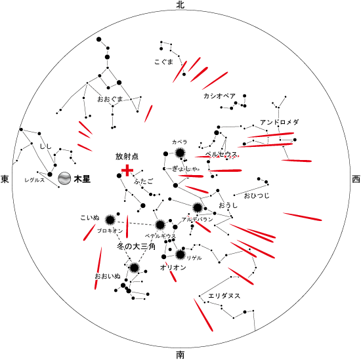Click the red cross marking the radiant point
pyautogui.click(x=127, y=170)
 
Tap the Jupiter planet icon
pyautogui.click(x=64, y=178)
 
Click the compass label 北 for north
pyautogui.click(x=180, y=5)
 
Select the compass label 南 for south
pyautogui.click(x=180, y=355)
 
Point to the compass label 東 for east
pyautogui.click(x=5, y=179)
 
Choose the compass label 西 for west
pyautogui.click(x=356, y=179)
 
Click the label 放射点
pyautogui.click(x=127, y=157)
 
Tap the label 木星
pyautogui.click(x=82, y=179)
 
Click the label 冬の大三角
pyautogui.click(x=136, y=247)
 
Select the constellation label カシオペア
pyautogui.click(x=219, y=96)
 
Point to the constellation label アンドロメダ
pyautogui.click(x=279, y=122)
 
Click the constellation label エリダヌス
pyautogui.click(x=224, y=296)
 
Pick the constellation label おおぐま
pyautogui.click(x=110, y=99)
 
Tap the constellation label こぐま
pyautogui.click(x=163, y=62)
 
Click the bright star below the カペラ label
pyautogui.click(x=180, y=153)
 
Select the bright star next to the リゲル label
pyautogui.click(x=180, y=254)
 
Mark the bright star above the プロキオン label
pyautogui.click(x=110, y=220)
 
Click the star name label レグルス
pyautogui.click(x=35, y=180)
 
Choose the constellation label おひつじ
pyautogui.click(x=257, y=196)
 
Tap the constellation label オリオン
pyautogui.click(x=173, y=268)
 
